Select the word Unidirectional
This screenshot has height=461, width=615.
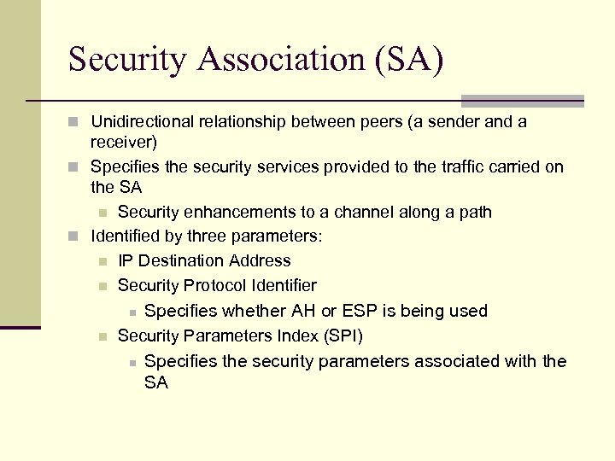(x=144, y=121)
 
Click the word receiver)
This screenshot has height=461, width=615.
(x=123, y=142)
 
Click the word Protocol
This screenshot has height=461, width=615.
(x=215, y=285)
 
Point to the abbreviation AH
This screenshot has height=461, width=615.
(x=304, y=311)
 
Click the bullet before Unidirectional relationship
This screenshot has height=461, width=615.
(x=77, y=122)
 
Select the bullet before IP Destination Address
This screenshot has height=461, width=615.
(x=103, y=261)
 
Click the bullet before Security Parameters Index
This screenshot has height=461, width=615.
(x=103, y=336)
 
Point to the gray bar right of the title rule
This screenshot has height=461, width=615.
(x=522, y=101)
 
